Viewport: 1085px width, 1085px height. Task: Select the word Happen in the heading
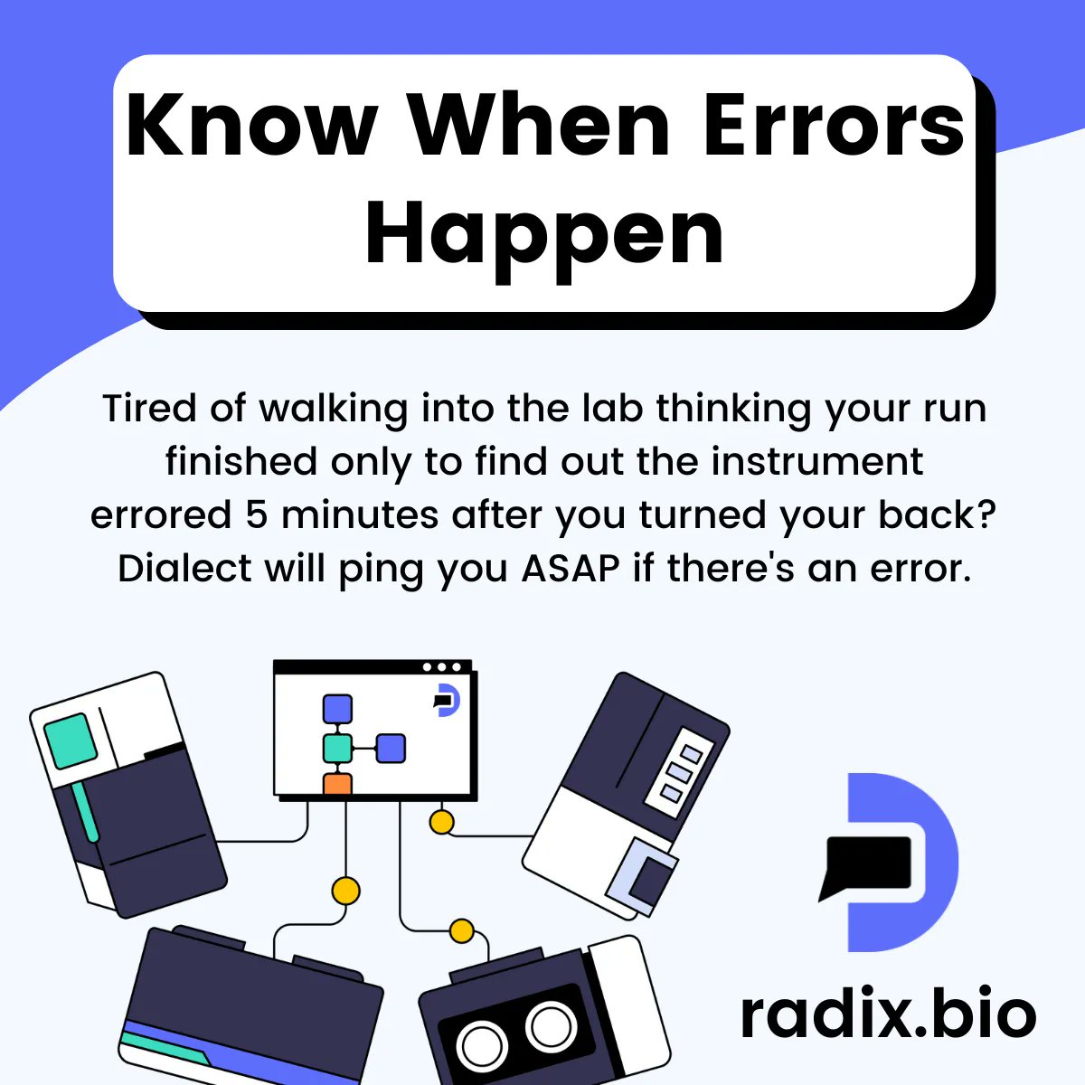(x=544, y=232)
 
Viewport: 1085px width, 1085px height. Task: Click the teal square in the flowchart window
(x=337, y=748)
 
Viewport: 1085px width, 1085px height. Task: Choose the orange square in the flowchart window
(x=337, y=783)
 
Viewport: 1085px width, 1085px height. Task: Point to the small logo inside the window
(x=446, y=701)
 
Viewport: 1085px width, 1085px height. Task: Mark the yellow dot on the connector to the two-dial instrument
(x=462, y=929)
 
